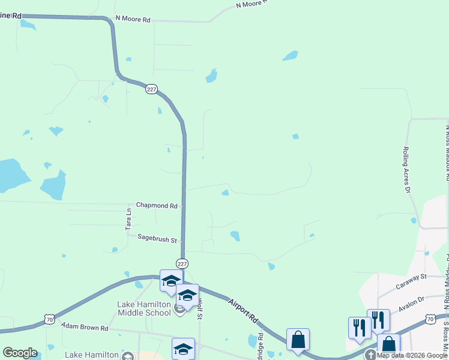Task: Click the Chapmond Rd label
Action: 157,205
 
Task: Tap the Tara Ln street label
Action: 128,220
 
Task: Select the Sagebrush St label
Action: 157,240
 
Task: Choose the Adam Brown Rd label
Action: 85,328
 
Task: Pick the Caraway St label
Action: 411,277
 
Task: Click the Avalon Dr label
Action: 411,298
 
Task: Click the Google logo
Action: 20,353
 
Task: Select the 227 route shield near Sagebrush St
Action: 182,263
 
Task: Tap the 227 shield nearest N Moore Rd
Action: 151,89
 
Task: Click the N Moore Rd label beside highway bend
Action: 133,19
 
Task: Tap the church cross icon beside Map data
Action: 370,355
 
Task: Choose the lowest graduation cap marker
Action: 183,349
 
